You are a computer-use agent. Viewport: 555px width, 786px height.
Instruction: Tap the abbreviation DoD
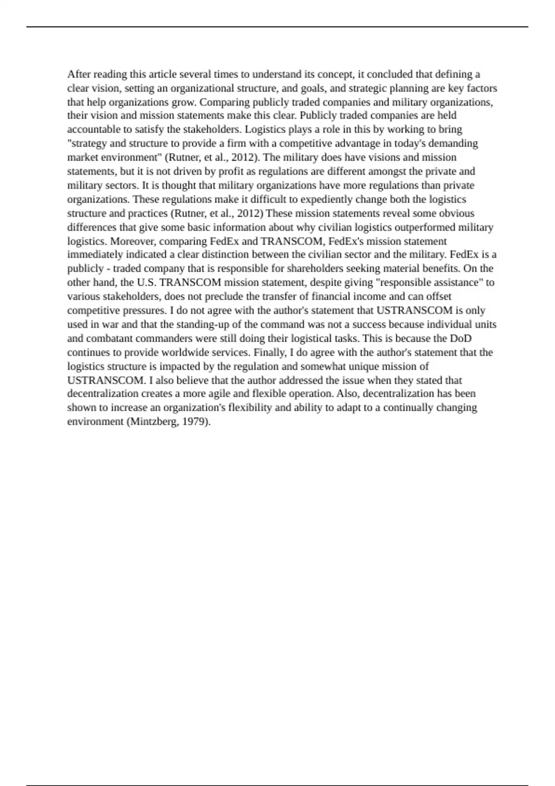(461, 338)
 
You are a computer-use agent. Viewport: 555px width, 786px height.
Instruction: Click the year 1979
(196, 422)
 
